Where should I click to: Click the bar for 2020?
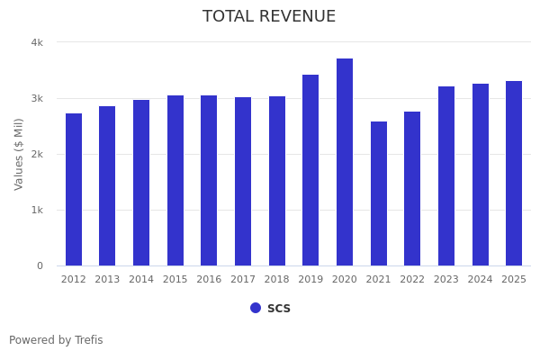[345, 162]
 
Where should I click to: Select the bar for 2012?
[74, 189]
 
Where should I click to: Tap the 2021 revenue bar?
[379, 193]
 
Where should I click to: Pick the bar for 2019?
[310, 170]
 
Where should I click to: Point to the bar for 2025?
[514, 173]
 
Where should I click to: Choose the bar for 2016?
[209, 180]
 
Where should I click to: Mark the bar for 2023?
[446, 175]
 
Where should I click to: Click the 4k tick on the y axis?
[37, 42]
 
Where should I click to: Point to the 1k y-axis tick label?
[37, 210]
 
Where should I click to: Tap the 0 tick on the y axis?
[40, 265]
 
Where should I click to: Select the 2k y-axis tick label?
[37, 154]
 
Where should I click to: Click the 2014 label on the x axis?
[141, 280]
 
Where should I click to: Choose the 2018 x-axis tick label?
[277, 280]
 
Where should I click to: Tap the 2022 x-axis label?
[412, 280]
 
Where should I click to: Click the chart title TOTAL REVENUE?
[269, 17]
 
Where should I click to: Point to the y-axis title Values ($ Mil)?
[19, 154]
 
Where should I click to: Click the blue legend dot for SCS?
[256, 308]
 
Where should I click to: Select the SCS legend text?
[279, 308]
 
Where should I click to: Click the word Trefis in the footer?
[88, 340]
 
